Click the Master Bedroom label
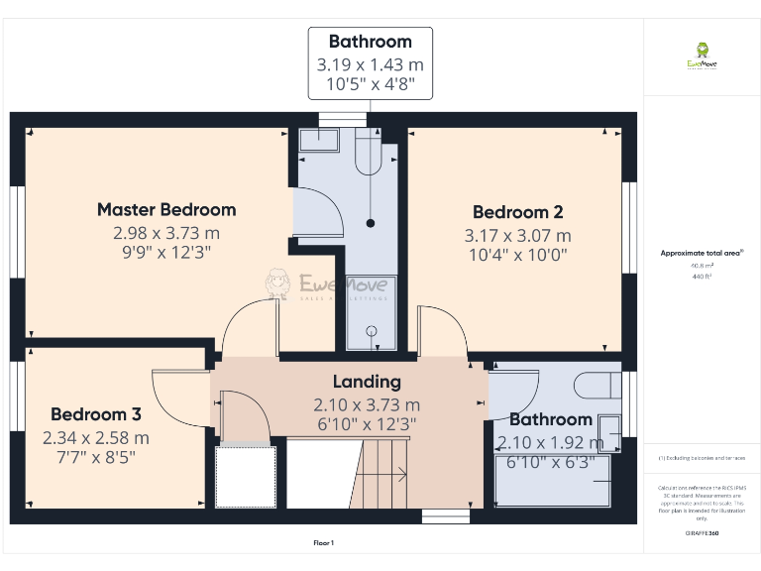[x=166, y=209]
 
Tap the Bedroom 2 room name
[x=517, y=212]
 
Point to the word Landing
[x=367, y=382]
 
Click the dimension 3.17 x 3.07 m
[x=517, y=236]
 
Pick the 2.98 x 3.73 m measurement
[x=166, y=233]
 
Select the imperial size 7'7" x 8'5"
[x=96, y=457]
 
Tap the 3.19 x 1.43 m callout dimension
[x=370, y=64]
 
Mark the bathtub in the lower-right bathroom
[x=555, y=480]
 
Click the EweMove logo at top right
[x=702, y=57]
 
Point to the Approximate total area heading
[x=702, y=254]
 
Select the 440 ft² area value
[x=702, y=277]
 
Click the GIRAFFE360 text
[x=702, y=533]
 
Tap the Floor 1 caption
[x=324, y=542]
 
